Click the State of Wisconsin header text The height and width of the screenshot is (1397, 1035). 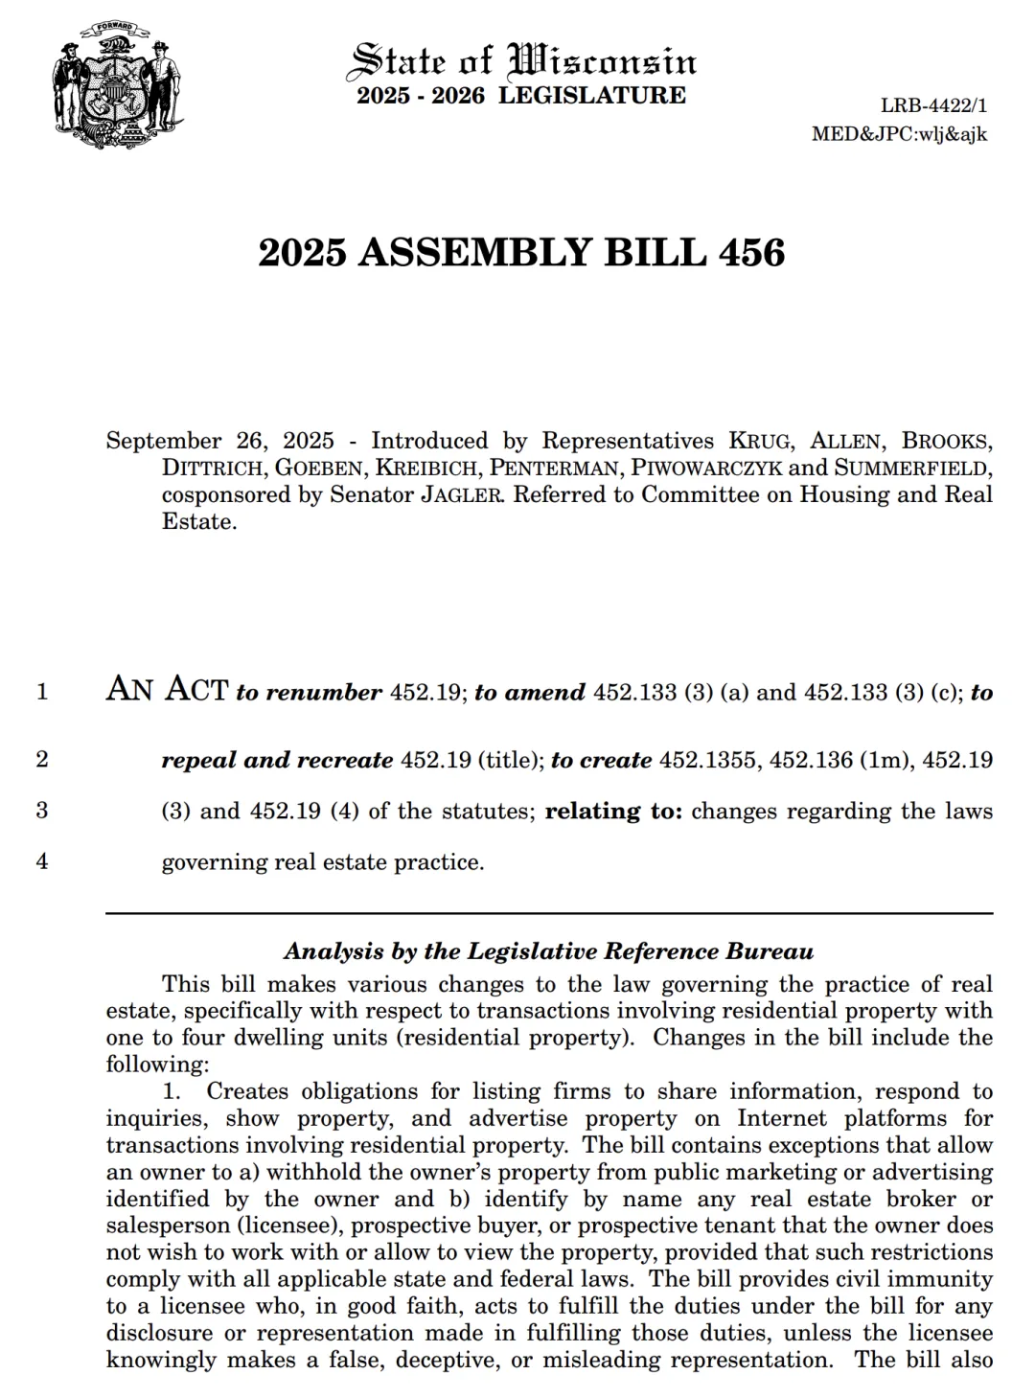523,59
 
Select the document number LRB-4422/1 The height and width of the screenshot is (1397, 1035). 933,106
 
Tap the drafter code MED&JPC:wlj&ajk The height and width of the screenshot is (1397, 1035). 899,133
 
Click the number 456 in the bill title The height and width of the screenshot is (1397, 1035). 748,252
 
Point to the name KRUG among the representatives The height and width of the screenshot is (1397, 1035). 761,442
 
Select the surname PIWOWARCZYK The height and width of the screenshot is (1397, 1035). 705,469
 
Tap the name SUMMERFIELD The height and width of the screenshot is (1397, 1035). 910,469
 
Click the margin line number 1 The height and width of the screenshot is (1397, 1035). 42,691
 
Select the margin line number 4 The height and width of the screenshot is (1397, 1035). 42,860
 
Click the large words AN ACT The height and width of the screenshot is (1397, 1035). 167,689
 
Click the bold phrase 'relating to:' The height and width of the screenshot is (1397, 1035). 613,811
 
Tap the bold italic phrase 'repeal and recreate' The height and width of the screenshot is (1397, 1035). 277,760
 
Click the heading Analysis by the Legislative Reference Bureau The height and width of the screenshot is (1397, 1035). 548,951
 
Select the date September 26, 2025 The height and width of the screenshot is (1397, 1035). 219,441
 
